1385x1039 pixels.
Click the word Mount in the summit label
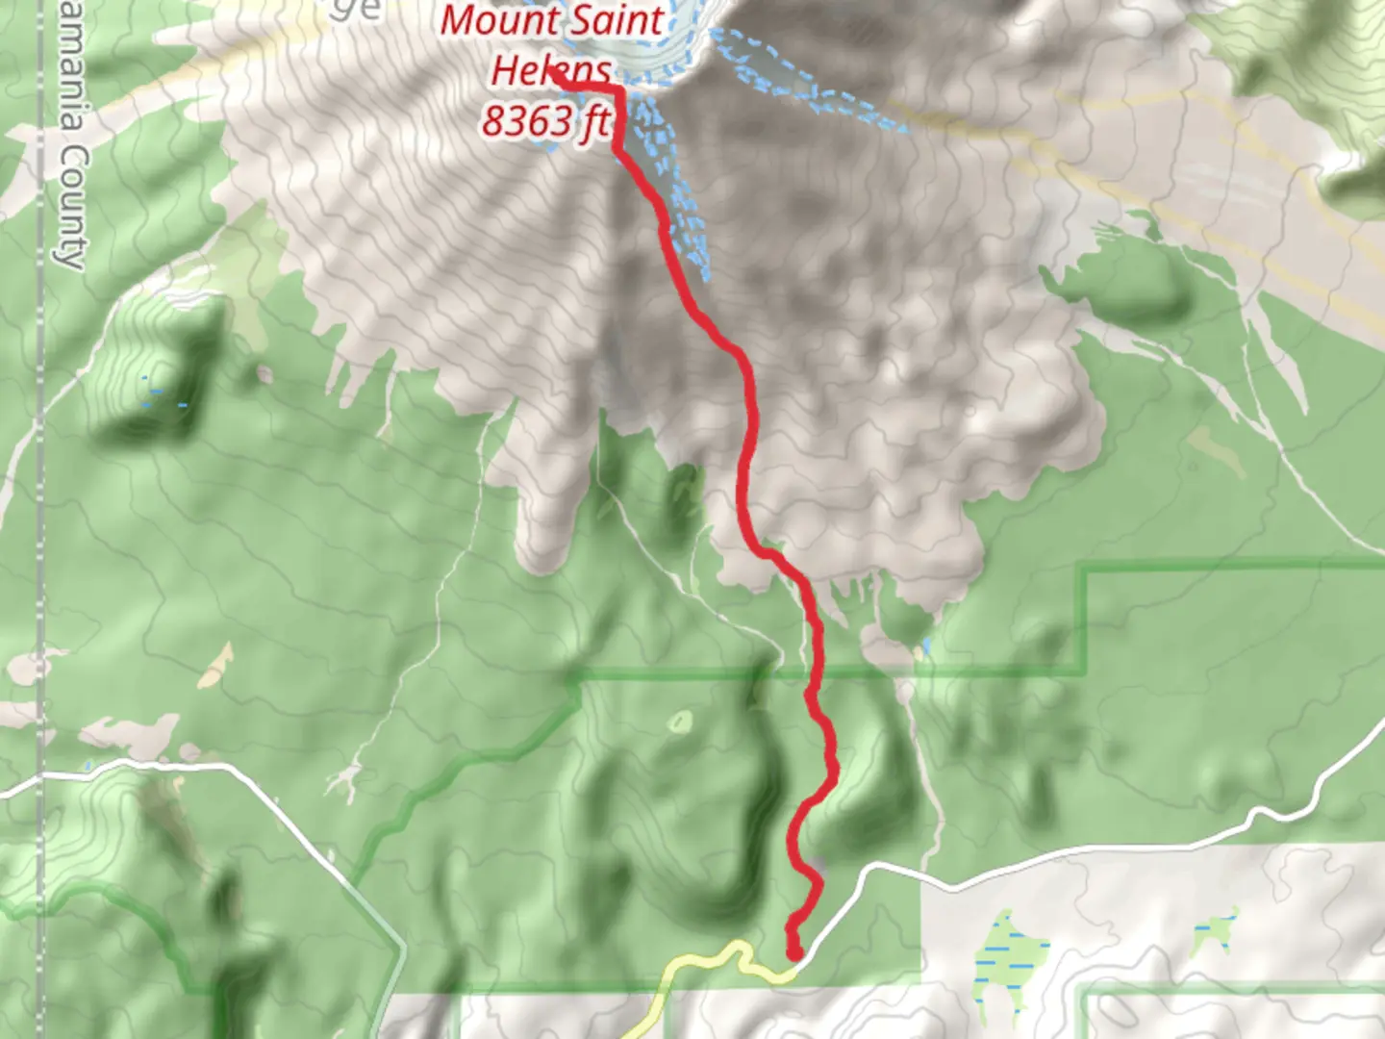click(x=498, y=20)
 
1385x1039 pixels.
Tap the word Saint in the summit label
click(x=617, y=20)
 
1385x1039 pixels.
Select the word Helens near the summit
click(x=551, y=69)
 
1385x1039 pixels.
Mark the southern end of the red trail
click(x=794, y=952)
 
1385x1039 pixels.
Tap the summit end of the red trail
click(x=558, y=82)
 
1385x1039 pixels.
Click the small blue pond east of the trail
click(x=927, y=646)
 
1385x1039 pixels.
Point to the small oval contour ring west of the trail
click(x=682, y=721)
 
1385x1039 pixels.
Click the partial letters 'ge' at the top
click(x=359, y=10)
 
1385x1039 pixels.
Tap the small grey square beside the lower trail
click(x=818, y=863)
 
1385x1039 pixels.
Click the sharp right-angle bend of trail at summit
click(x=618, y=90)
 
